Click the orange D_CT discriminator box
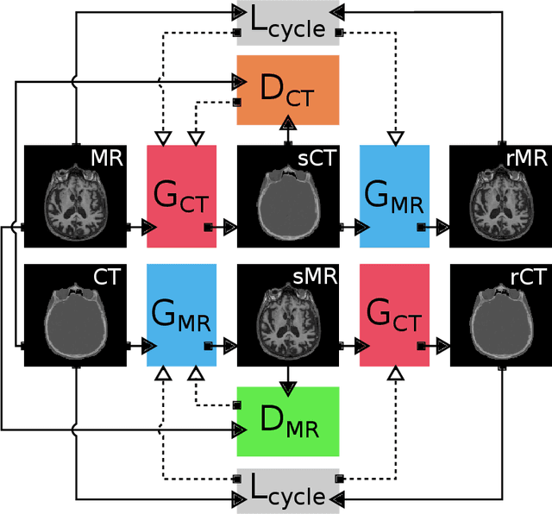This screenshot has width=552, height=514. click(288, 90)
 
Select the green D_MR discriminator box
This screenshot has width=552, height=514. click(288, 421)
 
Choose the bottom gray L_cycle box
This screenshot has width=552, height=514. click(288, 492)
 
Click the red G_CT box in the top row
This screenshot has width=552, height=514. click(182, 196)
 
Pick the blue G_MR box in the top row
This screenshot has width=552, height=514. click(394, 196)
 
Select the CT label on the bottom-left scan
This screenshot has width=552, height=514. click(108, 278)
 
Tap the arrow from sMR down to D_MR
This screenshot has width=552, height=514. click(288, 375)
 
